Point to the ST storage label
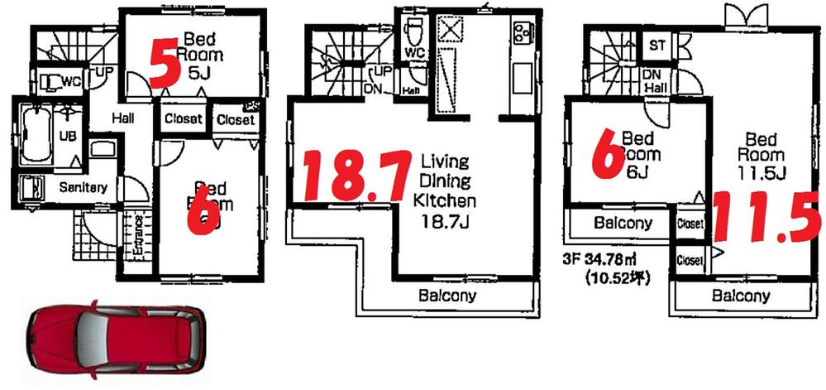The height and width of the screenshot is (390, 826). click(658, 44)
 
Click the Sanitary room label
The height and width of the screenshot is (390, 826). click(83, 188)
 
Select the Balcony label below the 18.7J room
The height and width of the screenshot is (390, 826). click(446, 296)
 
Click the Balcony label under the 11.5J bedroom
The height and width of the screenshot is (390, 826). click(742, 296)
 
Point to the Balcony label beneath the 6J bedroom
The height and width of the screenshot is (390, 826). click(623, 223)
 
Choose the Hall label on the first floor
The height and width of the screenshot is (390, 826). click(123, 119)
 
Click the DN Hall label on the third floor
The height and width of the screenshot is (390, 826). click(656, 80)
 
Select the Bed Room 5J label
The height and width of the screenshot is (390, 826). click(203, 55)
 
